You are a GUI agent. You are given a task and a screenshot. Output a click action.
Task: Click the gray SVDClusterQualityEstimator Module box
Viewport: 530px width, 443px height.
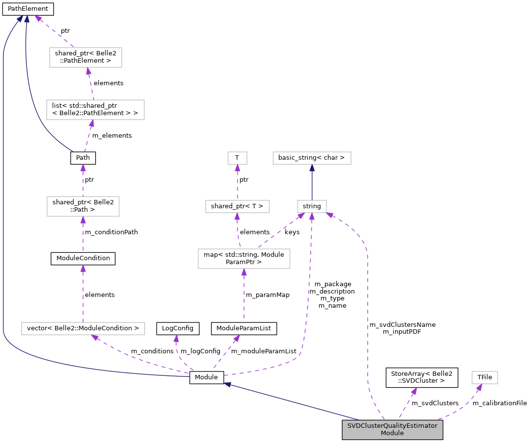(x=392, y=429)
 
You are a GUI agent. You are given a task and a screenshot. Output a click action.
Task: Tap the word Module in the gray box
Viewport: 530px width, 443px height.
(x=392, y=433)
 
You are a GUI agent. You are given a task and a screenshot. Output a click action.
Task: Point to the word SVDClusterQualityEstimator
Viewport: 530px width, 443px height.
(x=392, y=426)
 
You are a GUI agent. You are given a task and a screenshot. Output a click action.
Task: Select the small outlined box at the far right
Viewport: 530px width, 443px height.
(x=484, y=377)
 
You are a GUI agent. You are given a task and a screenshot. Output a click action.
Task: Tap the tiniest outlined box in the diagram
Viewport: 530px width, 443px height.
(x=237, y=158)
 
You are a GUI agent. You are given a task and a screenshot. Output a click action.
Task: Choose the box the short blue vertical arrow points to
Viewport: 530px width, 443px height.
(x=312, y=158)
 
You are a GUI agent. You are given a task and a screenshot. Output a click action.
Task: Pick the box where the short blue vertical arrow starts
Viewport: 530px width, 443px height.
(x=312, y=206)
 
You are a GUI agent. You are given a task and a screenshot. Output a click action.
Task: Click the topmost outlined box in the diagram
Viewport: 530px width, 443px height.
(x=85, y=57)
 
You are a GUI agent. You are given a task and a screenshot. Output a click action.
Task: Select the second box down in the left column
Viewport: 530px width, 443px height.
(x=95, y=109)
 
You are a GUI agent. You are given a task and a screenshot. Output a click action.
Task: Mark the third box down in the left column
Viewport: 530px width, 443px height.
(x=83, y=206)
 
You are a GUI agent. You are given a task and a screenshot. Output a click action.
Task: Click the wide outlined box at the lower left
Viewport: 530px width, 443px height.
(x=83, y=328)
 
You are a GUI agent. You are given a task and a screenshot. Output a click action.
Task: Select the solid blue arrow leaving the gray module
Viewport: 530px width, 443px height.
(x=294, y=402)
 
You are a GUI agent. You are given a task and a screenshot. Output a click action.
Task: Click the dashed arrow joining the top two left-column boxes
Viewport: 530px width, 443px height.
(x=91, y=84)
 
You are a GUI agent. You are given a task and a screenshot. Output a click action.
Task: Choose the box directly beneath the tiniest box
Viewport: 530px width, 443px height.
(x=237, y=206)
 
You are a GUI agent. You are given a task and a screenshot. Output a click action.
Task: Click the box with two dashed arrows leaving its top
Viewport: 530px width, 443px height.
(x=244, y=258)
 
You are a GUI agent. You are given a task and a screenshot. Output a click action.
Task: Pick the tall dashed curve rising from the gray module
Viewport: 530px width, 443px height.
(x=367, y=319)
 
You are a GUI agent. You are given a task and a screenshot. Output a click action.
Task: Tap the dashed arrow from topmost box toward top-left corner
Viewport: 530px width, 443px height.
(x=54, y=32)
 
